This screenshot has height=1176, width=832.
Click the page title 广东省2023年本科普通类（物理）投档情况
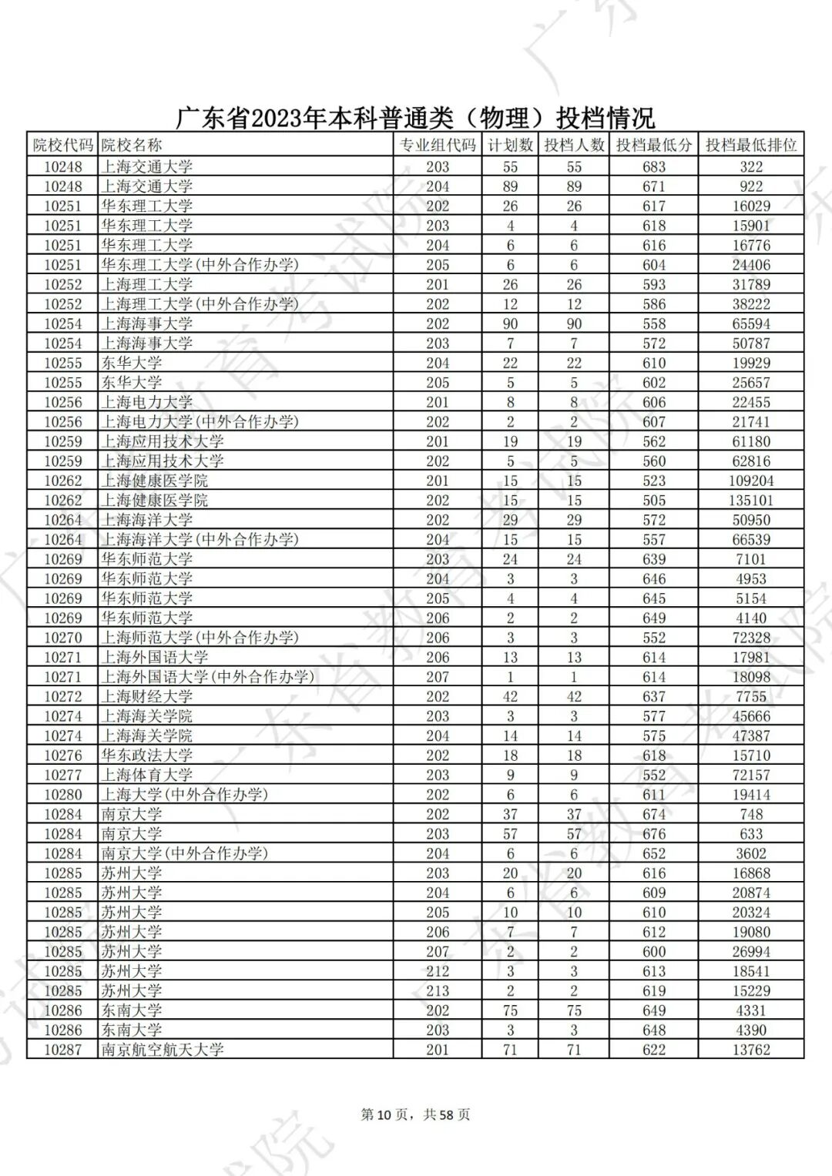pyautogui.click(x=416, y=117)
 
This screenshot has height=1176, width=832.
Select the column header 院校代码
pyautogui.click(x=62, y=145)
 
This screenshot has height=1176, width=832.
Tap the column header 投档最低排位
pyautogui.click(x=750, y=145)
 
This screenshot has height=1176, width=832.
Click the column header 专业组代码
pyautogui.click(x=437, y=145)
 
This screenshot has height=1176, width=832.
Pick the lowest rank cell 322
pyautogui.click(x=750, y=166)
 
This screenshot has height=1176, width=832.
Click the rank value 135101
pyautogui.click(x=750, y=501)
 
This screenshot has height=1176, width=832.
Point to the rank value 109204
pyautogui.click(x=750, y=481)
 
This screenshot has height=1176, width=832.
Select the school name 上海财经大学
pyautogui.click(x=146, y=697)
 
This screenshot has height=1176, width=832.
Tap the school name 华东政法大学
pyautogui.click(x=146, y=756)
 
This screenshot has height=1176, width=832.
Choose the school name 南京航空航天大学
pyautogui.click(x=162, y=1050)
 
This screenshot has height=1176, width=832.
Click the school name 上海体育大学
pyautogui.click(x=146, y=775)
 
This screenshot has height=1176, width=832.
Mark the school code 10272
pyautogui.click(x=62, y=697)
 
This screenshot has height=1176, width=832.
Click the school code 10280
pyautogui.click(x=62, y=795)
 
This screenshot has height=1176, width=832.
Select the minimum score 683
pyautogui.click(x=653, y=166)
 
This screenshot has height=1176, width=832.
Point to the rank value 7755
pyautogui.click(x=750, y=697)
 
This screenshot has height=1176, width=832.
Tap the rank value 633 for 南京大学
pyautogui.click(x=750, y=834)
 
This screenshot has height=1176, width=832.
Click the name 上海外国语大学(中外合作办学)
pyautogui.click(x=208, y=677)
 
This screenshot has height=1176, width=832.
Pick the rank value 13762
pyautogui.click(x=750, y=1050)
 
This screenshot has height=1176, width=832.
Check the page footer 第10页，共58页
pyautogui.click(x=415, y=1114)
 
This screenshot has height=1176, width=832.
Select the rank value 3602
pyautogui.click(x=750, y=853)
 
